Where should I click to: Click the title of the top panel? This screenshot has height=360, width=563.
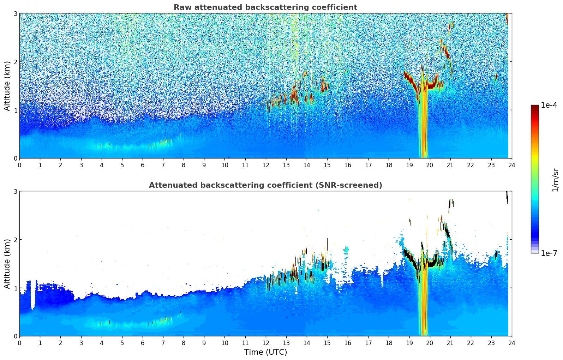[x=265, y=7]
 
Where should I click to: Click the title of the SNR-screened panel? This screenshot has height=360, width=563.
[x=265, y=185]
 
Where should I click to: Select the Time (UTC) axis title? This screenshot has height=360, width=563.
[x=265, y=352]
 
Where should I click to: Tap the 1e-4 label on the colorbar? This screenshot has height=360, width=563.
[x=549, y=105]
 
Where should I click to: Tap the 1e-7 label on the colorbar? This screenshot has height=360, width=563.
[x=549, y=253]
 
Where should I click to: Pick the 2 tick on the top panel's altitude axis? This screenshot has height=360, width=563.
[x=15, y=62]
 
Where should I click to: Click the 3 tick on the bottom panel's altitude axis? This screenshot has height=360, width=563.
[x=15, y=191]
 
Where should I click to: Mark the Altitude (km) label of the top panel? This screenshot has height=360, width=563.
[x=7, y=86]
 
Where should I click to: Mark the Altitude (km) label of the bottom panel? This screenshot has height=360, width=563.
[x=7, y=264]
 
